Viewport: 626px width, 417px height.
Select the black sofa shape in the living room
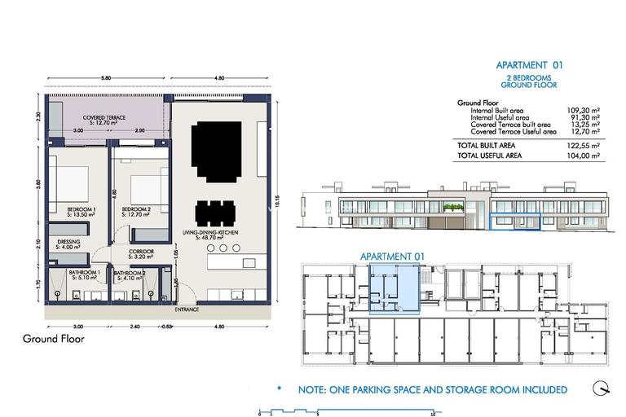tap(217, 152)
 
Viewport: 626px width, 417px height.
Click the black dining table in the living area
tap(218, 214)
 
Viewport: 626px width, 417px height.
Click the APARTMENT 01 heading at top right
tap(529, 66)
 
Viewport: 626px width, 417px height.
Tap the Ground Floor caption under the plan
tap(53, 338)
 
